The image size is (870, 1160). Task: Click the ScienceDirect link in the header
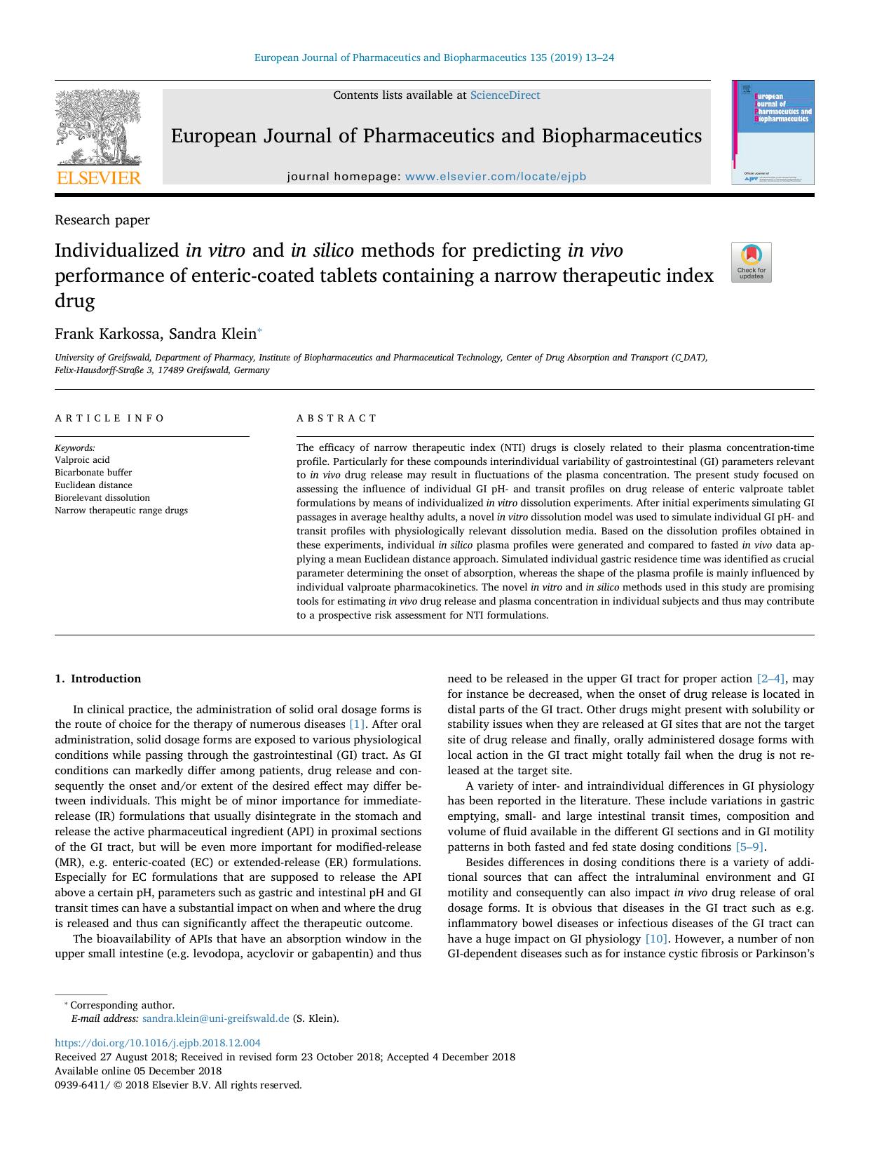(x=504, y=95)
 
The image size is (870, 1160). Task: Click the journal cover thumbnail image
(x=773, y=133)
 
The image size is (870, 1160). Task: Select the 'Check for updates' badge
(x=751, y=262)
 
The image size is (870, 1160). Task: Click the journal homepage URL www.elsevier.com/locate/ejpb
(x=495, y=177)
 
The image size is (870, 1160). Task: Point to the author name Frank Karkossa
(x=107, y=334)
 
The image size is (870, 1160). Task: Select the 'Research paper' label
(x=102, y=220)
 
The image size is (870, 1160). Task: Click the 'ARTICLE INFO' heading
(x=109, y=418)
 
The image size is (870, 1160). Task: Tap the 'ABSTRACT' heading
(x=337, y=418)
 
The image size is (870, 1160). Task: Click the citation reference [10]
(x=656, y=939)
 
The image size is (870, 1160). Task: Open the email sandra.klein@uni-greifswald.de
(x=215, y=1018)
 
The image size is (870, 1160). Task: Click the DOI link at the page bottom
(x=158, y=1043)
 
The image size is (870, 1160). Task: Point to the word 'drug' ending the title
(x=74, y=302)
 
